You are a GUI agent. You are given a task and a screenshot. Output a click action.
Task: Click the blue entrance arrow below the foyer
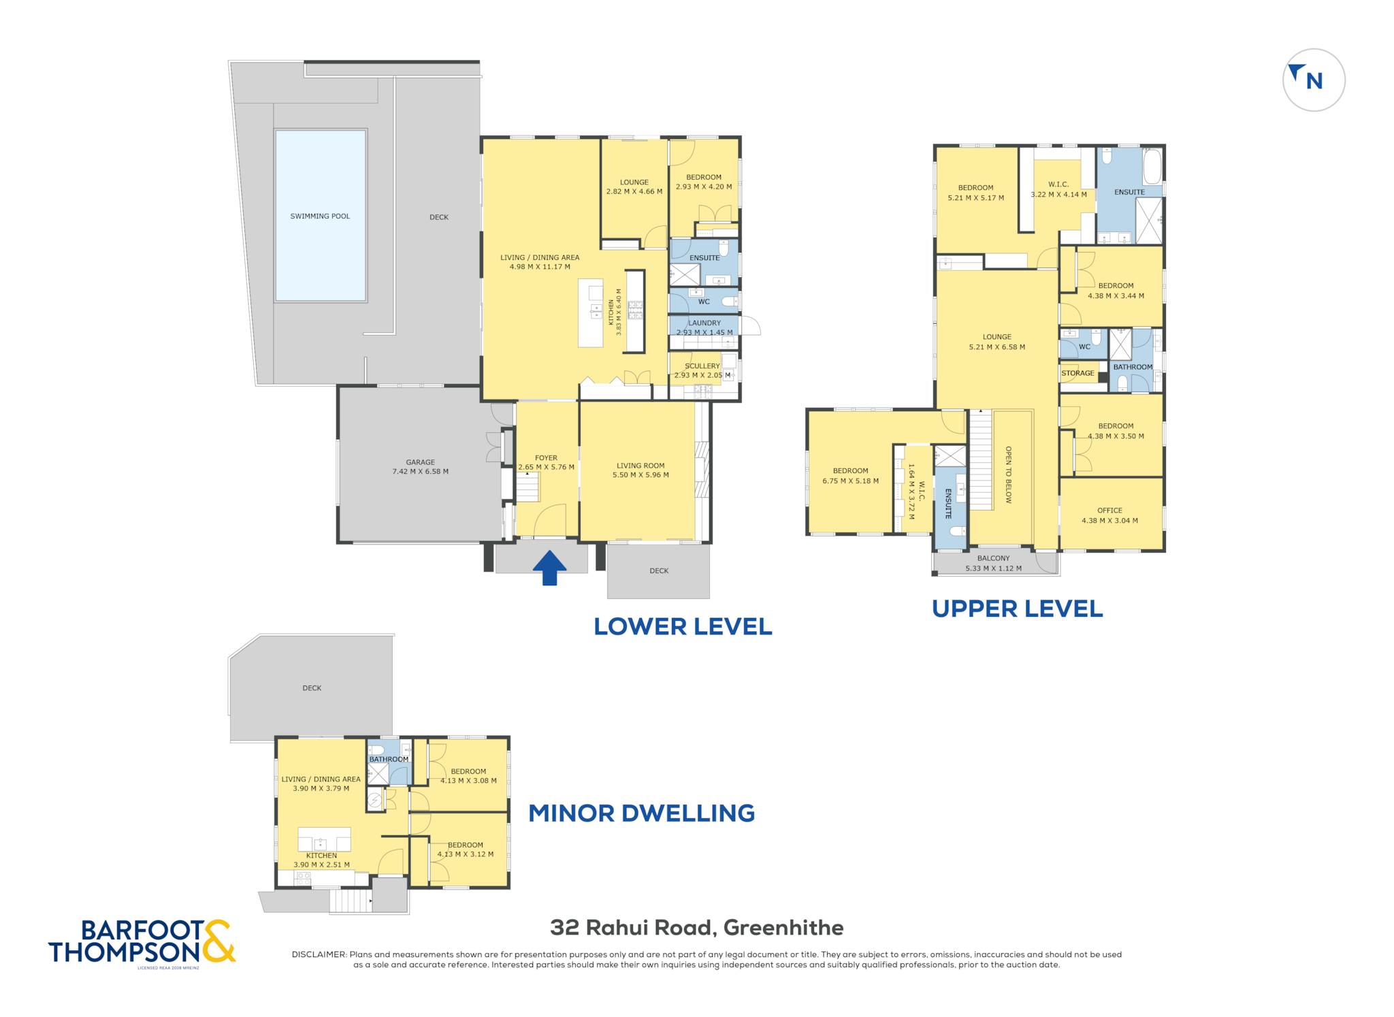(549, 568)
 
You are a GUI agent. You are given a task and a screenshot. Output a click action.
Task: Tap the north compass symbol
(1314, 80)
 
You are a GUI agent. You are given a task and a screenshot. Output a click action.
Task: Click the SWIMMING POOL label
(320, 216)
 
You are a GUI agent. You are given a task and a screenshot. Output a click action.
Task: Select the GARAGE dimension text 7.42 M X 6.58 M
(420, 471)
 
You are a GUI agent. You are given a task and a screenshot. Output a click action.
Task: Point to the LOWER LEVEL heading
(683, 626)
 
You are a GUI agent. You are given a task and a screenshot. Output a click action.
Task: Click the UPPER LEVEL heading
(1017, 609)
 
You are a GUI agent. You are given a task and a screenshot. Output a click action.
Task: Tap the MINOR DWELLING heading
(642, 813)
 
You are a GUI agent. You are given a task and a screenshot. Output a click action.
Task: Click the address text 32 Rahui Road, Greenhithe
(697, 927)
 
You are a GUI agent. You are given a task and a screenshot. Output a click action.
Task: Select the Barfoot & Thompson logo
(142, 943)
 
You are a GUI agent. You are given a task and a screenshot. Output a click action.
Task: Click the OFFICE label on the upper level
(1109, 511)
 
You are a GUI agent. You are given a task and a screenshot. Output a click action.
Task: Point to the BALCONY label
(994, 558)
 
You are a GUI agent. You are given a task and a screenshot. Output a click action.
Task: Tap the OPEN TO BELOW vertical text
(1008, 475)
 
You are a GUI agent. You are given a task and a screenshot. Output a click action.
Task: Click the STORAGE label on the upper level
(1077, 373)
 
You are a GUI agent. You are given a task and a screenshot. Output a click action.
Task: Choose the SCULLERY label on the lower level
(702, 366)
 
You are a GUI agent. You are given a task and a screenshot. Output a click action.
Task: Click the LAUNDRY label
(704, 323)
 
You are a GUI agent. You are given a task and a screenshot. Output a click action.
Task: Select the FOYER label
(546, 458)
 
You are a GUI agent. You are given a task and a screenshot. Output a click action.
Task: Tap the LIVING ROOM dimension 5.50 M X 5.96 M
(641, 475)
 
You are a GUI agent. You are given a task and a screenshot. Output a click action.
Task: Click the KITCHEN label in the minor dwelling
(321, 856)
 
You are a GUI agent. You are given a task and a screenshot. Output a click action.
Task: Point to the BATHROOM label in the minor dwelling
(389, 760)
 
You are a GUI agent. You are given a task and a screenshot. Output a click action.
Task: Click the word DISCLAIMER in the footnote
(319, 954)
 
